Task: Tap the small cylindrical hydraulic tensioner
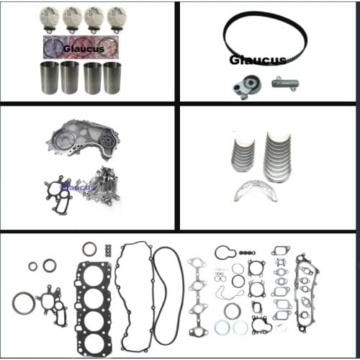(x=285, y=83)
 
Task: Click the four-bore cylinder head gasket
(x=94, y=294)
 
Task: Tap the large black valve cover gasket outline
(x=134, y=288)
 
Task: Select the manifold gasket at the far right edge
(x=309, y=291)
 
